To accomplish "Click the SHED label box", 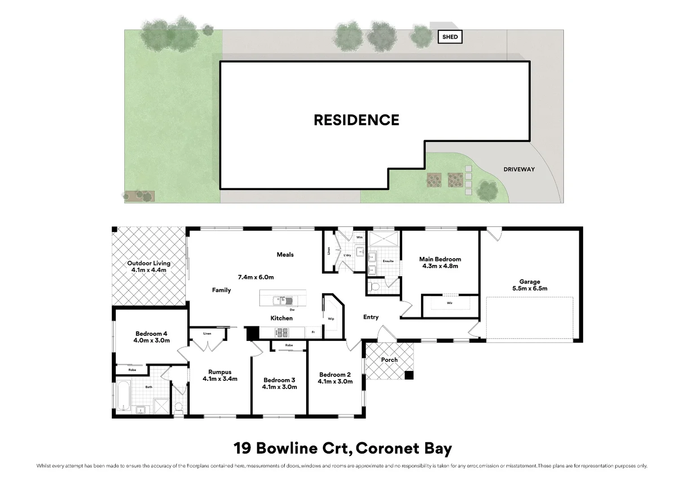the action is point(450,37).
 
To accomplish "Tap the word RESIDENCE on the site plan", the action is point(356,120).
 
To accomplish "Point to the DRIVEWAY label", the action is point(519,169).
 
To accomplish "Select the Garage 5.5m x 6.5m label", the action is point(530,285).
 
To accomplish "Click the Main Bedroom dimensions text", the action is point(440,266).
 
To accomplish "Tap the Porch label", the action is point(389,360).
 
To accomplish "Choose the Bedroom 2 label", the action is point(335,378).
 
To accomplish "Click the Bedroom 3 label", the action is point(279,384).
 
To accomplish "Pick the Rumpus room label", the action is point(220,375).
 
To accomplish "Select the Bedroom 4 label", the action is point(152,337).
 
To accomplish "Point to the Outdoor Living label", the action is point(149,267).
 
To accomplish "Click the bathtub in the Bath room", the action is point(124,396).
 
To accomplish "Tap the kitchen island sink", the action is point(283,300).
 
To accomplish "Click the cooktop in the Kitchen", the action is point(282,332).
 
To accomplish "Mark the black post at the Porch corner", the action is point(409,375).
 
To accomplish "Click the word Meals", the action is point(285,255).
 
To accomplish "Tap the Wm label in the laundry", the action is point(360,237).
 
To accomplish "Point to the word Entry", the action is point(371,317).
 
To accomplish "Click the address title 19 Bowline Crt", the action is point(291,448).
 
